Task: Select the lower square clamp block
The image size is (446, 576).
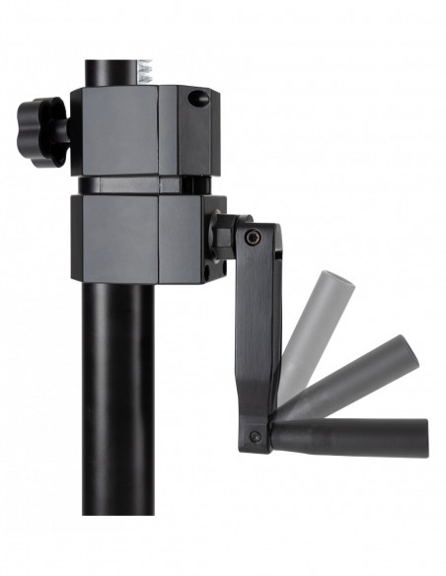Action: pyautogui.click(x=128, y=237)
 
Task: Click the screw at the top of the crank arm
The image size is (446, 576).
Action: pyautogui.click(x=254, y=237)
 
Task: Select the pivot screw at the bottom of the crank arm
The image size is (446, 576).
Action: pyautogui.click(x=256, y=436)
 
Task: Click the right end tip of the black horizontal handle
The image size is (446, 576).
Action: pyautogui.click(x=425, y=435)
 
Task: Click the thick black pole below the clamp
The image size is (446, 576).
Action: pyautogui.click(x=118, y=395)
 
